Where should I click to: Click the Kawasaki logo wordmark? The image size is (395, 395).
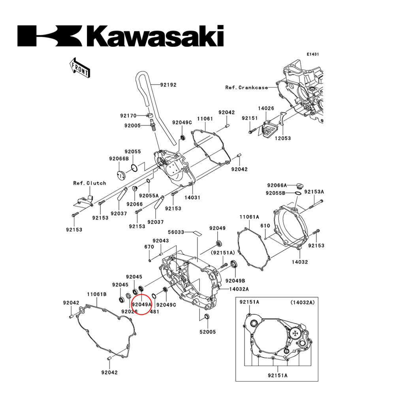[120, 36]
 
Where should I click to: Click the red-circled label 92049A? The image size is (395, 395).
[142, 305]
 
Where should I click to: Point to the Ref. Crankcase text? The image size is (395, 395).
[246, 88]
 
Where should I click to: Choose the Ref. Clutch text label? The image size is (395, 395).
[89, 183]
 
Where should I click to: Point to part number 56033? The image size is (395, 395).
[176, 233]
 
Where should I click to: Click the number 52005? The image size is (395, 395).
[207, 332]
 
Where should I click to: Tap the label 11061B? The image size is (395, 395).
[97, 294]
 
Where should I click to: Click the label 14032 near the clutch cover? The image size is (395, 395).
[300, 261]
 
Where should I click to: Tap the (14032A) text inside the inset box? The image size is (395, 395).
[303, 302]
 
